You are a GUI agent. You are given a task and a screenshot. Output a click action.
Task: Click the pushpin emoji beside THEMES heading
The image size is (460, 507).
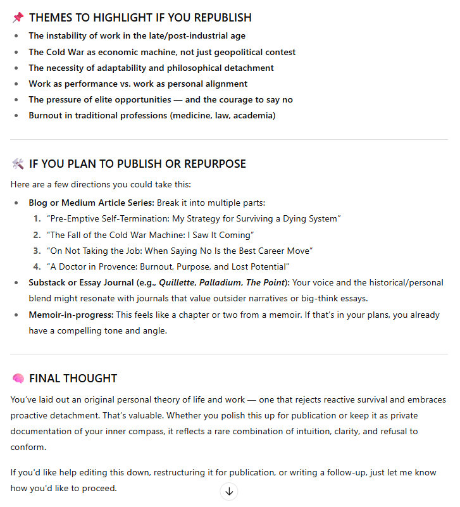pyautogui.click(x=18, y=18)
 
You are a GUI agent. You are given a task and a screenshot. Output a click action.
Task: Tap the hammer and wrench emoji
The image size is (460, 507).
pyautogui.click(x=18, y=164)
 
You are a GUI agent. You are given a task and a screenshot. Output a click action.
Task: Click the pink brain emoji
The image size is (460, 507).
pyautogui.click(x=18, y=379)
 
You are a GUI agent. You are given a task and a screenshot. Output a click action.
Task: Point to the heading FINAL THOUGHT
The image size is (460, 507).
pyautogui.click(x=73, y=379)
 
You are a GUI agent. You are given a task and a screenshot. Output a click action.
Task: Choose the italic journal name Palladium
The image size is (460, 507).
pyautogui.click(x=218, y=282)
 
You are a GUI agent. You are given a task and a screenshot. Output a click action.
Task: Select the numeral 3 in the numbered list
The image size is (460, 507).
pyautogui.click(x=37, y=251)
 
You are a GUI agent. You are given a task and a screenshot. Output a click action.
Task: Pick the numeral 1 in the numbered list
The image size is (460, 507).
pyautogui.click(x=37, y=218)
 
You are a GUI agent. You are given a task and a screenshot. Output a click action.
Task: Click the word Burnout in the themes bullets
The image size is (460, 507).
pyautogui.click(x=44, y=115)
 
